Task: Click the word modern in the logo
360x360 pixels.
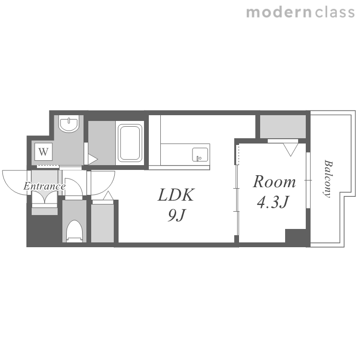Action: coord(279,12)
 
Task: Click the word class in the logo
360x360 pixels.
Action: coord(335,12)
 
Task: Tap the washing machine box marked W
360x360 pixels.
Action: coord(44,152)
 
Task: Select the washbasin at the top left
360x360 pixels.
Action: coord(69,124)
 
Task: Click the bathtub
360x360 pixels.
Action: coord(130,143)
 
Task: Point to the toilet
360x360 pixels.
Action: coord(74,231)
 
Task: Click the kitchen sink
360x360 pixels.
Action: coord(200,155)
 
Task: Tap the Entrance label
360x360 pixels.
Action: coord(45,186)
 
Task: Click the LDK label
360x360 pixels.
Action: coord(176,195)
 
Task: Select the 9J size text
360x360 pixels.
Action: coord(176,216)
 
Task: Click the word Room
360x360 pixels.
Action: coord(274,181)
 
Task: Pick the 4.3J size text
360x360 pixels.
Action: coord(273,202)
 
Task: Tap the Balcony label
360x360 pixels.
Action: coord(328,179)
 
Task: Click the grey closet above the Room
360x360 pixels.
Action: coord(283,127)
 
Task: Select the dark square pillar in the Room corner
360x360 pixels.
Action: coord(296,236)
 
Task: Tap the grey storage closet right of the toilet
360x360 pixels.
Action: coord(102,223)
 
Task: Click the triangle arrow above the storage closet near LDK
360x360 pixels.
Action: coord(108,196)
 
